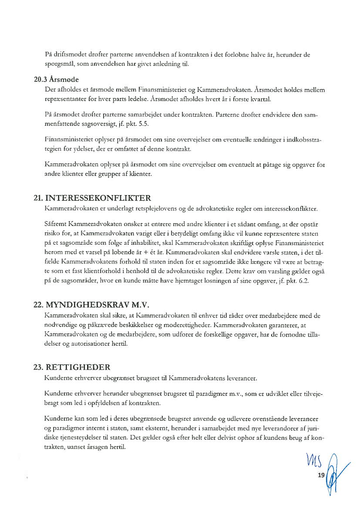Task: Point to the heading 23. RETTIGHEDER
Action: (72, 367)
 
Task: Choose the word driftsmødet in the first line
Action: (70, 55)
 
